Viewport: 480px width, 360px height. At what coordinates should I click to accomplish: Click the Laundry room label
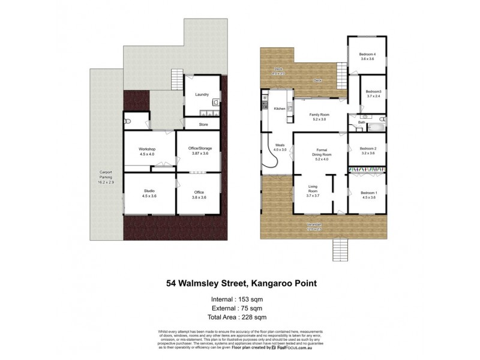(x=202, y=95)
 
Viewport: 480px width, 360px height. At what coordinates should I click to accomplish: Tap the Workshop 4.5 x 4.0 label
(x=147, y=151)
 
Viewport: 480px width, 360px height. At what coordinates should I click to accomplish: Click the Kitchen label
(x=280, y=109)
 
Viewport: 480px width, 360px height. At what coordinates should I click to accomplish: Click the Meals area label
(x=280, y=146)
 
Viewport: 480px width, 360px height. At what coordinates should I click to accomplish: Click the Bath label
(x=362, y=123)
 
